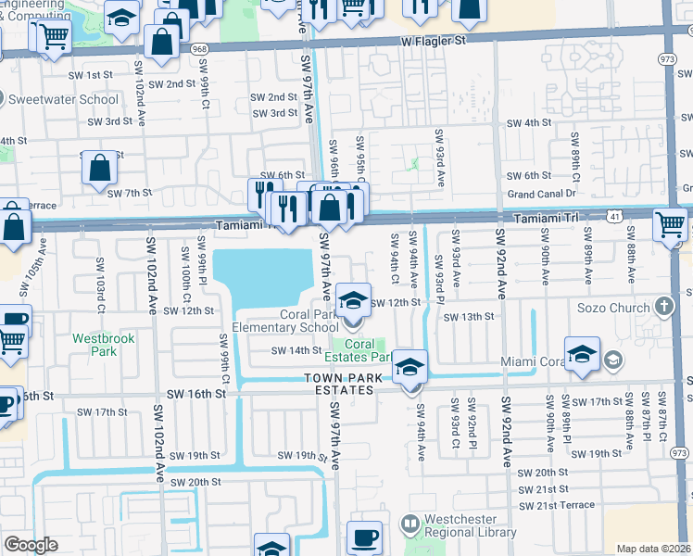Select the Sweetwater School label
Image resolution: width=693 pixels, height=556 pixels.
pos(62,99)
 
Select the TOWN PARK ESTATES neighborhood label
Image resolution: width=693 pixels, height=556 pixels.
pos(340,384)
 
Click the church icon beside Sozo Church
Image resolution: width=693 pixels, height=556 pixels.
pos(663,306)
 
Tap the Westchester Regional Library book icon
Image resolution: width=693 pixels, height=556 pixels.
pos(409,524)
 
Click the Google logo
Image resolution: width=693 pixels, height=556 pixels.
pos(31,545)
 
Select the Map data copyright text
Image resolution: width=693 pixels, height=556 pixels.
pos(653,549)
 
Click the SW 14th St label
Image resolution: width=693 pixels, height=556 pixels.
pos(296,350)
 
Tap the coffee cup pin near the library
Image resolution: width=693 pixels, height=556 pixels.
pos(364,537)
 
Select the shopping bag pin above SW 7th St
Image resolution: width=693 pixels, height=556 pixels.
pos(99,168)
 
